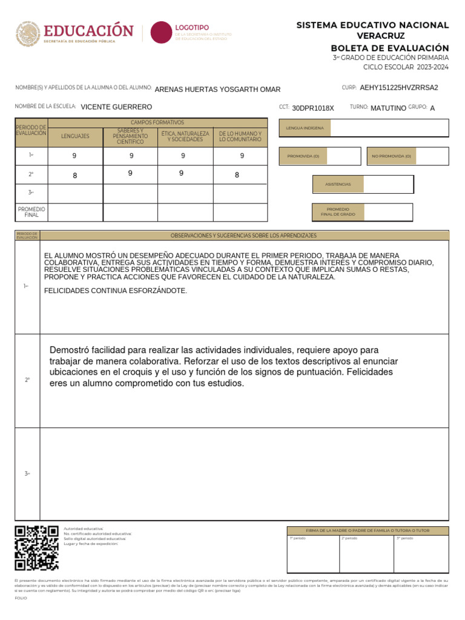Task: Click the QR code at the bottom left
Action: click(x=36, y=548)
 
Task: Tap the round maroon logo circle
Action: click(x=161, y=32)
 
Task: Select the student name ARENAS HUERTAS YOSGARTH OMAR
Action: click(x=217, y=90)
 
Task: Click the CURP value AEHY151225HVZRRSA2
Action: click(x=398, y=88)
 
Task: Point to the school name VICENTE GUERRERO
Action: click(x=116, y=107)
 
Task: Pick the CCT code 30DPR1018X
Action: click(x=312, y=108)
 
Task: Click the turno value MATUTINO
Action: click(x=387, y=108)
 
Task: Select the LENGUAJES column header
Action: click(x=75, y=136)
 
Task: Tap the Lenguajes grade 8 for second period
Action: click(x=74, y=176)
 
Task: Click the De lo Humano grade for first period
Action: click(x=242, y=156)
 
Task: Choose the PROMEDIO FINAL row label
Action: click(x=31, y=212)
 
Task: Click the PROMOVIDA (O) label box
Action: click(x=307, y=156)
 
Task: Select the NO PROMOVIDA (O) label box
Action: click(x=391, y=156)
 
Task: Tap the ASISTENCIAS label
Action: click(x=338, y=184)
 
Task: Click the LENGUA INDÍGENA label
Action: click(x=305, y=128)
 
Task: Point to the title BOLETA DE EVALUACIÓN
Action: click(x=389, y=48)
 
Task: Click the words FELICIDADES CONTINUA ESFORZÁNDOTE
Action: click(x=116, y=291)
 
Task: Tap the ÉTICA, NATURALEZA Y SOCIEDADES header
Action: click(x=185, y=136)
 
